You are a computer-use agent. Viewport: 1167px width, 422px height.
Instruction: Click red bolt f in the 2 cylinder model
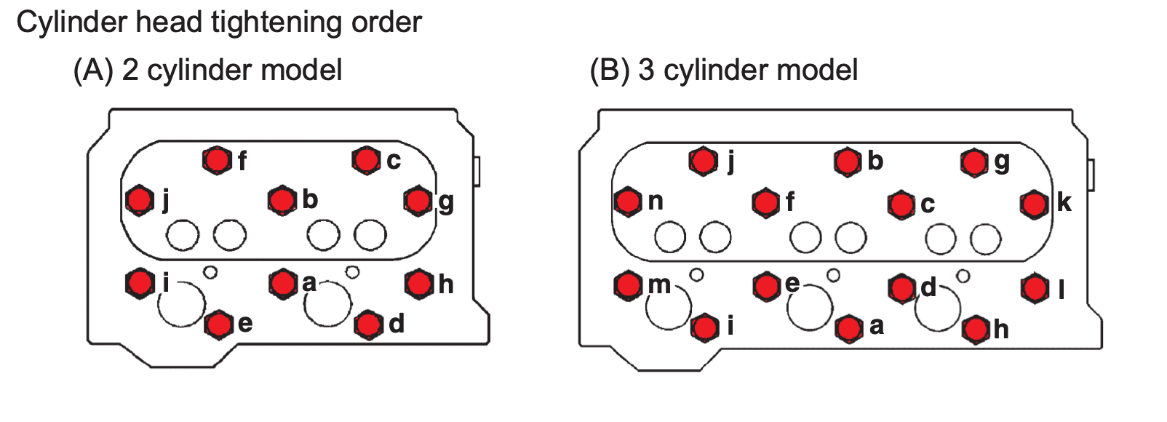[x=217, y=160]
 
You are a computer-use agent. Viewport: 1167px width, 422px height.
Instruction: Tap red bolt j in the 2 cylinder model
[x=139, y=199]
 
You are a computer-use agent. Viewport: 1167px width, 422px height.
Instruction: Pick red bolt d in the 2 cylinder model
[x=369, y=324]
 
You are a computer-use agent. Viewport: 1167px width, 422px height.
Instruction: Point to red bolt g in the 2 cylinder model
[x=418, y=200]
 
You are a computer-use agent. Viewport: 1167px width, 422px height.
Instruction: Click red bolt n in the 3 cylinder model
[x=628, y=202]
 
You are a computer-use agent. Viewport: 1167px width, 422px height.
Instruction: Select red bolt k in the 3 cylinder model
[x=1034, y=204]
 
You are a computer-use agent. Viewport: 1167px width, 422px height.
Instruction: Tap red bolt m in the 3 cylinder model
[x=628, y=286]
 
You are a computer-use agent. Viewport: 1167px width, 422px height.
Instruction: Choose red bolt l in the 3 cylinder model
[x=1034, y=289]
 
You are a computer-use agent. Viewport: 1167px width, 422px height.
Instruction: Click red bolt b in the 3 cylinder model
[x=848, y=162]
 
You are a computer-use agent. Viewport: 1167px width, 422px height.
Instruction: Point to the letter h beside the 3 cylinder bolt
[x=1001, y=330]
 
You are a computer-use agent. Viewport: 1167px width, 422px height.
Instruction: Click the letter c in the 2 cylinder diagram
[x=394, y=160]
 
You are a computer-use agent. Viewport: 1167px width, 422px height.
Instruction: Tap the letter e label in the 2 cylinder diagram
[x=245, y=324]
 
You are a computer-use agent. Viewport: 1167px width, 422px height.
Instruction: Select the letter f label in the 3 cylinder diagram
[x=790, y=202]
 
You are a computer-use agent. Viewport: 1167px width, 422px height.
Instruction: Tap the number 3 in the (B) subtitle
[x=647, y=70]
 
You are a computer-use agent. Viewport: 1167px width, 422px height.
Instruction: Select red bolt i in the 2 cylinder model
[x=139, y=283]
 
